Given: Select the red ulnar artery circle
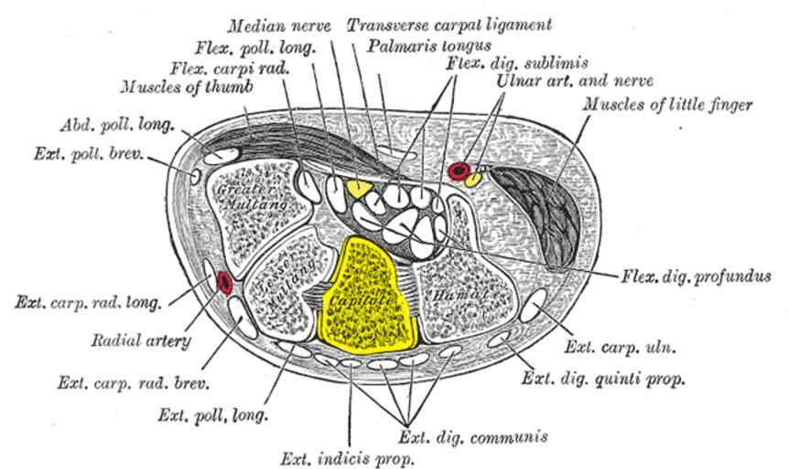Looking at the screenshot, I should click(459, 170).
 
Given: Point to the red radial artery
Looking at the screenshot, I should click(224, 283).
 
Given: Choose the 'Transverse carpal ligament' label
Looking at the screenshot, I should click(449, 25).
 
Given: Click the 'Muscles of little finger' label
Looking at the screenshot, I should click(668, 104).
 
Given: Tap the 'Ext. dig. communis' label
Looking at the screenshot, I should click(474, 436).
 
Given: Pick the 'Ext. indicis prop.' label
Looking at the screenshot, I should click(349, 456).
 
